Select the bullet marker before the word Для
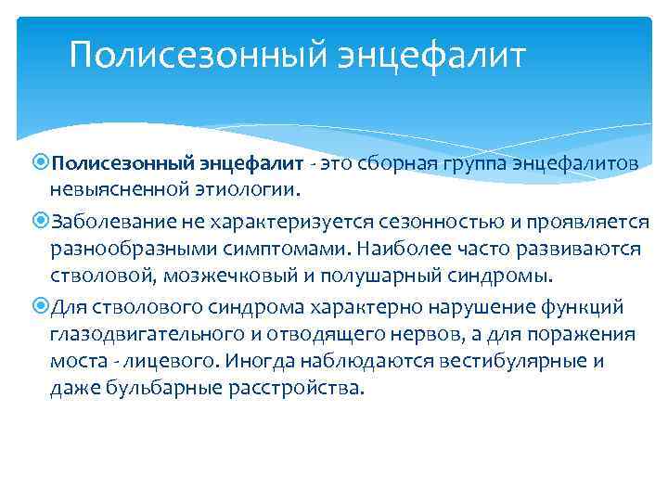click(x=41, y=307)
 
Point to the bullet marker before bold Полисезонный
click(x=41, y=163)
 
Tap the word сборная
click(x=380, y=163)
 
